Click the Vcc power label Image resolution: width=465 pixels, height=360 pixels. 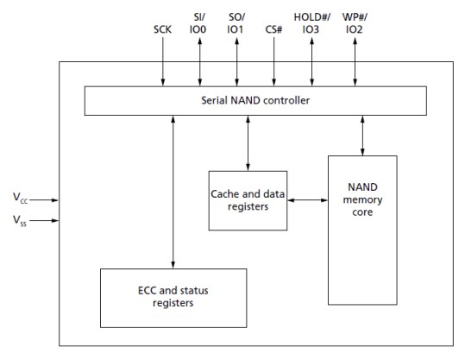point(19,198)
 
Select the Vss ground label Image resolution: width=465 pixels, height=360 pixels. point(19,222)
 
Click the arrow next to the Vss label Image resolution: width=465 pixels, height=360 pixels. point(47,221)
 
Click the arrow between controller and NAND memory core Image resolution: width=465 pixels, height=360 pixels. point(363,135)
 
